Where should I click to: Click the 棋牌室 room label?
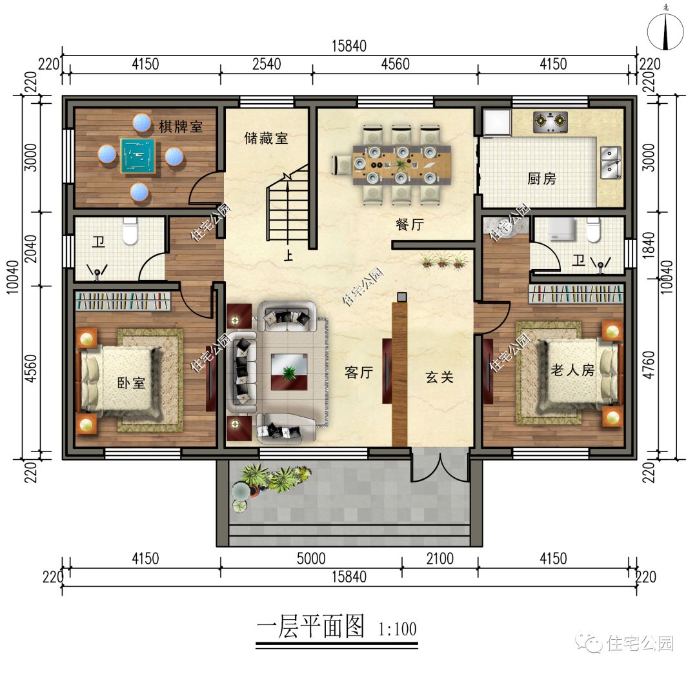181,126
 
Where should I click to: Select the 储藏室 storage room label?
266,138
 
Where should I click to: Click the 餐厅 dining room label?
410,224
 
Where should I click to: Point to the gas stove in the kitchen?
551,121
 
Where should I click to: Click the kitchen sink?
610,161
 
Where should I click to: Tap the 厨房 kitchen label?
541,179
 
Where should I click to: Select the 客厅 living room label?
359,372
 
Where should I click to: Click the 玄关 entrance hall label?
439,377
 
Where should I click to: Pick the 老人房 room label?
572,370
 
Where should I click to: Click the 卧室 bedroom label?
131,382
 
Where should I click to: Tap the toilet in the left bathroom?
131,232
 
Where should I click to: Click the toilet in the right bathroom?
592,229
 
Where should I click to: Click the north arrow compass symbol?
665,31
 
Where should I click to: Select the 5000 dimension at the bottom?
311,559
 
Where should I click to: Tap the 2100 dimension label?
439,559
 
